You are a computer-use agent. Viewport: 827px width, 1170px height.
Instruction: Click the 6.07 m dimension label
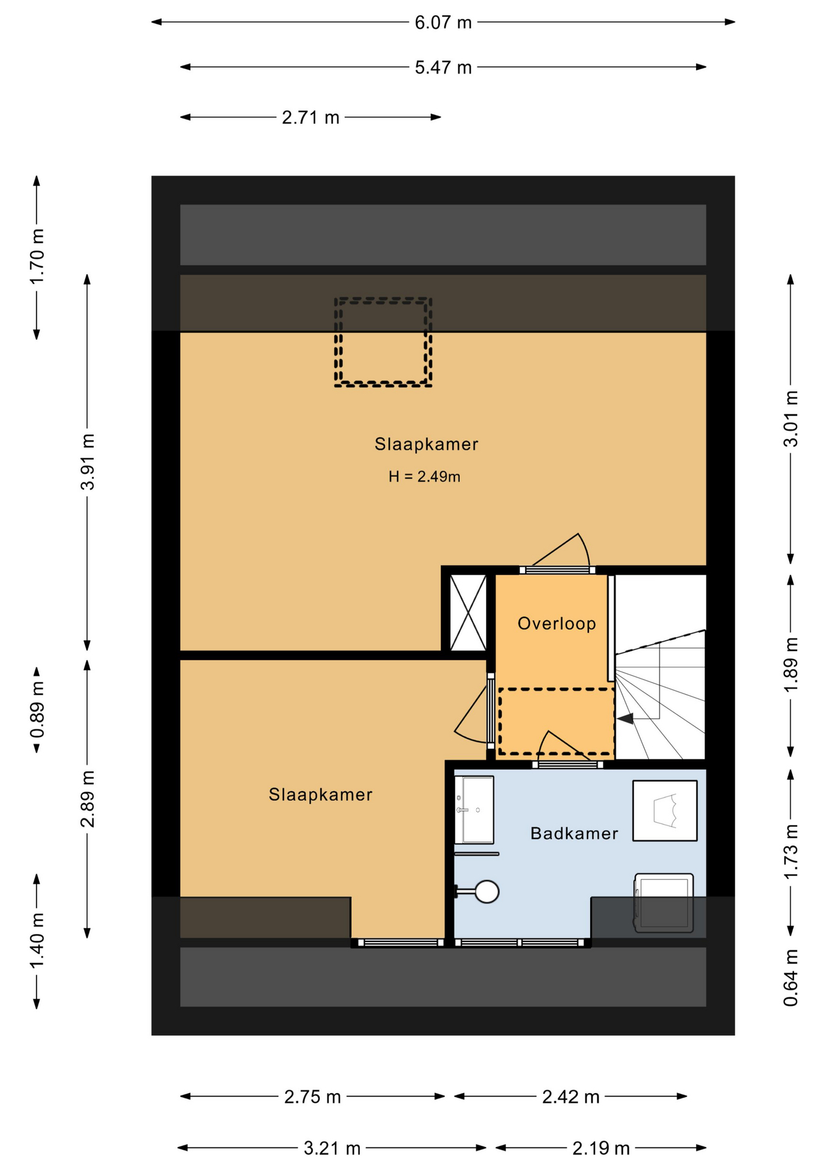pyautogui.click(x=443, y=23)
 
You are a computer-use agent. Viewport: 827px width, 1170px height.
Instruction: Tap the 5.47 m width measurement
pyautogui.click(x=443, y=68)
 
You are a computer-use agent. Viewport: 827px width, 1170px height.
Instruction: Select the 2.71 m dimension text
pyautogui.click(x=310, y=118)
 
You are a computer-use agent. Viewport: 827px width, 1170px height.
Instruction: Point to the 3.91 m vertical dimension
pyautogui.click(x=88, y=462)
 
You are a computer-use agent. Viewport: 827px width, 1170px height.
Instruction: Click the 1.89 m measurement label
pyautogui.click(x=790, y=665)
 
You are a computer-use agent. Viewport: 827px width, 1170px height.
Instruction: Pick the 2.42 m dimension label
pyautogui.click(x=571, y=1097)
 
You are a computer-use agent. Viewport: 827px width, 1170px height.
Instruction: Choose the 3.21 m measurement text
pyautogui.click(x=332, y=1149)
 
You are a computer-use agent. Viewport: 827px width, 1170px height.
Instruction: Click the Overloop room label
pyautogui.click(x=557, y=623)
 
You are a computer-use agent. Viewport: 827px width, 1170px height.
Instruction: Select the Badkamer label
pyautogui.click(x=574, y=833)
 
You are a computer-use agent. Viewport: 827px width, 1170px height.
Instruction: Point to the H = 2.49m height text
pyautogui.click(x=424, y=477)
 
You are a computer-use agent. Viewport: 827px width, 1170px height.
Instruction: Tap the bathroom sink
pyautogui.click(x=474, y=810)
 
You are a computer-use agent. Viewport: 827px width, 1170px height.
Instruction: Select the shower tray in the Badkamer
pyautogui.click(x=665, y=811)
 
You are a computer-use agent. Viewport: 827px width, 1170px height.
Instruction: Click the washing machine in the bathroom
pyautogui.click(x=664, y=903)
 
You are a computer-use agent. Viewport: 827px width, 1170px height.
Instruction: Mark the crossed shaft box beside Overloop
pyautogui.click(x=468, y=612)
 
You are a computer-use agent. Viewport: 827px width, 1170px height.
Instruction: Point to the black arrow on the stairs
pyautogui.click(x=625, y=719)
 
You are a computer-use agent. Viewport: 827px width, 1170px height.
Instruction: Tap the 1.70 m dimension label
pyautogui.click(x=37, y=257)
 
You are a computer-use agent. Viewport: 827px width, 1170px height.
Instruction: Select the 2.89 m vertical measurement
pyautogui.click(x=88, y=799)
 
